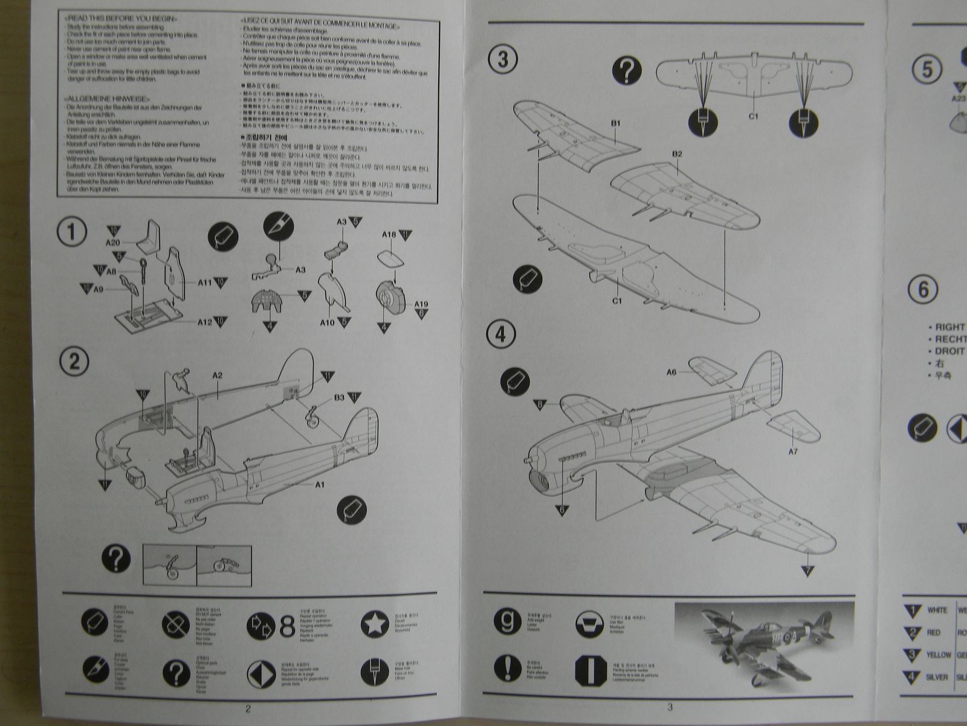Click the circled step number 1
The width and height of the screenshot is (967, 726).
tap(72, 233)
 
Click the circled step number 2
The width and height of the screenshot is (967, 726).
tap(74, 362)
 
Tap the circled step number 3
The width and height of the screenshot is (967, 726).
tap(502, 60)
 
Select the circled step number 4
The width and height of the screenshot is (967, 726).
tap(501, 335)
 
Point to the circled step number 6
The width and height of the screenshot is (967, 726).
tap(923, 290)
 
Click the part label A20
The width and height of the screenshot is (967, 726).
tap(113, 243)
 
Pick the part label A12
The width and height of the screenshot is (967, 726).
tap(205, 322)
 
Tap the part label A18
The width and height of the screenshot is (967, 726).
tap(389, 235)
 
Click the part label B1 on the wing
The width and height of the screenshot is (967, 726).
tap(615, 123)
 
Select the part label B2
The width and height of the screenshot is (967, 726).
tap(677, 154)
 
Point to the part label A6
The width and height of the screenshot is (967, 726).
tap(671, 373)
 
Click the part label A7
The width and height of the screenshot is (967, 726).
tap(793, 452)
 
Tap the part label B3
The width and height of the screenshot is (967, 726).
tap(339, 397)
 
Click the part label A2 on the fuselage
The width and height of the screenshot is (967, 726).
tap(218, 376)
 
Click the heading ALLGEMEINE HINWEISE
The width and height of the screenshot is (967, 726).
tap(108, 99)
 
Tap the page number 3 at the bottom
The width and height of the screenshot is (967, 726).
tap(670, 707)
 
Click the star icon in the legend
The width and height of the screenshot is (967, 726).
tap(375, 623)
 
